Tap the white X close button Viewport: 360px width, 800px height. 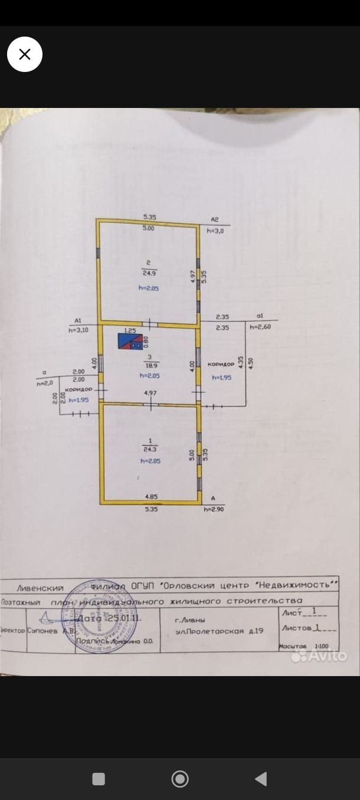click(x=25, y=54)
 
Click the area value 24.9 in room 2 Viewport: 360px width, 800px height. click(x=148, y=273)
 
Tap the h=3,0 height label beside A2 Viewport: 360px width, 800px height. click(x=215, y=231)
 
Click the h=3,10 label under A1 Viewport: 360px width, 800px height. click(x=78, y=330)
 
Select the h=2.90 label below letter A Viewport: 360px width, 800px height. click(x=214, y=509)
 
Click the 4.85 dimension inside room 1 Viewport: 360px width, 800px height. click(x=150, y=497)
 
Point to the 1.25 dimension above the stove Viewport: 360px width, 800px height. click(x=130, y=331)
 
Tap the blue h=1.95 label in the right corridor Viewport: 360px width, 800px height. click(x=221, y=378)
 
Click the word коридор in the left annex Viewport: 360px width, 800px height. click(x=78, y=390)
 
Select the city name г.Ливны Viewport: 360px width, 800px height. click(x=191, y=620)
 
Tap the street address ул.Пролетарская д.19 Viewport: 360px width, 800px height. click(x=219, y=631)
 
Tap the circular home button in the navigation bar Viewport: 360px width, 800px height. click(x=180, y=779)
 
